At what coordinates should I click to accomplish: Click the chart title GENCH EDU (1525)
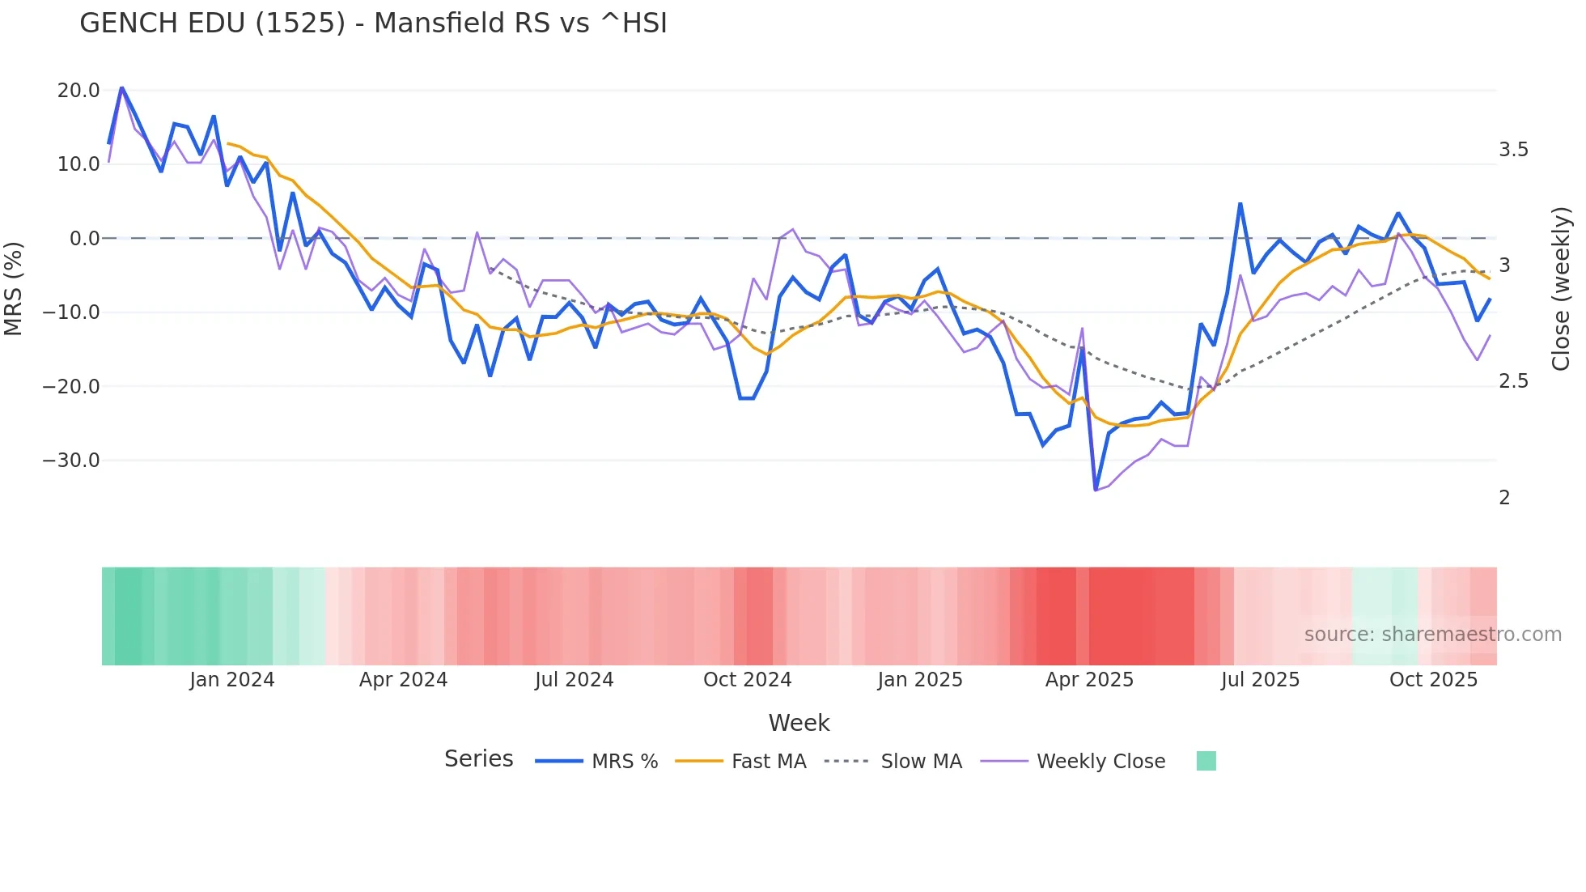[373, 23]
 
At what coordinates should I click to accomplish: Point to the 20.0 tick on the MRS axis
[78, 91]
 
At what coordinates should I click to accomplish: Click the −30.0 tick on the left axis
[71, 461]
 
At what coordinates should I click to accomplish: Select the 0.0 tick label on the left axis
[85, 239]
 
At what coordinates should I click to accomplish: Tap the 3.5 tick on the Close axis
[1513, 150]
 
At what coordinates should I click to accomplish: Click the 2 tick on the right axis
[1504, 498]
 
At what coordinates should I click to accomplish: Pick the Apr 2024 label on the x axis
[403, 680]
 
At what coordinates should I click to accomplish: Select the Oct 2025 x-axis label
[1433, 680]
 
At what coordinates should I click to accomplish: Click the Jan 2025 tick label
[920, 680]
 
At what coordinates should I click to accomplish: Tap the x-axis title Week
[799, 723]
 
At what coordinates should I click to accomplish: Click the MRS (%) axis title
[14, 288]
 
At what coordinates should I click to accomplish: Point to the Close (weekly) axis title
[1561, 288]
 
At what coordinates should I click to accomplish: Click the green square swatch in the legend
[1206, 761]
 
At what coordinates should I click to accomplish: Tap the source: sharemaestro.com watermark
[1432, 635]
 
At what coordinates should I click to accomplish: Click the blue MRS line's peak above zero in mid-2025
[1240, 204]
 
